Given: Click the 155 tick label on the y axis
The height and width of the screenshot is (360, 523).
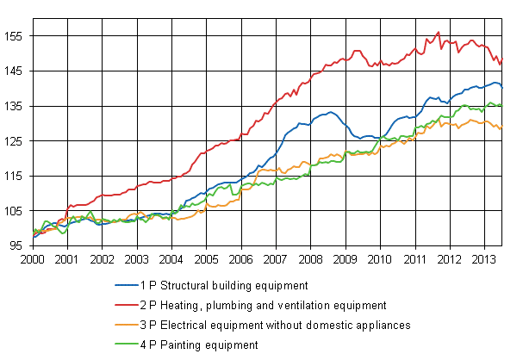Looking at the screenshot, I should point(16,36).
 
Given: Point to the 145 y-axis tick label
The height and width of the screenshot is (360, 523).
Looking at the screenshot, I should point(16,71).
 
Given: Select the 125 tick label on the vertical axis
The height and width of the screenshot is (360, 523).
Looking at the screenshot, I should point(16,141).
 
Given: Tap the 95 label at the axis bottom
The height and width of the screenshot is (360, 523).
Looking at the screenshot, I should point(18,246).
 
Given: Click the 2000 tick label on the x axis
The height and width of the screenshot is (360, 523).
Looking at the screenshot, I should point(33,258).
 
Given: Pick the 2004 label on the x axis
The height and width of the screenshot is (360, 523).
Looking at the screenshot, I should point(171,258).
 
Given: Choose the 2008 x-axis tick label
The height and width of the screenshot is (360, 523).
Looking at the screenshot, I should point(310,258).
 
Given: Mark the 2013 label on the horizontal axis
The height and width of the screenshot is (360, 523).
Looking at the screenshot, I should point(484,258).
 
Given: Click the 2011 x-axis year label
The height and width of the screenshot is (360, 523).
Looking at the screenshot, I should point(414,258).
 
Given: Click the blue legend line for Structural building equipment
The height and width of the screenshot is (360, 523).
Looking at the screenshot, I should point(128,284).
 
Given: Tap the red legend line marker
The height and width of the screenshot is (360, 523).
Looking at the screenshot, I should point(128,305).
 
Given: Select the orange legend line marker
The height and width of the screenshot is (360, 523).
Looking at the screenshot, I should point(128,325).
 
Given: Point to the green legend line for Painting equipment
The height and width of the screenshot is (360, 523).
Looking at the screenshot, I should point(128,344).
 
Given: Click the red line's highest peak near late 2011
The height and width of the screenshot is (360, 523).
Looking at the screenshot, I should point(439,33).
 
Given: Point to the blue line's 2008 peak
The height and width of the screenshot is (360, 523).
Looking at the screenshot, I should point(331,112).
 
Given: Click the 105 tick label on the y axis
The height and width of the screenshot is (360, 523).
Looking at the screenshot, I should point(16,211).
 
